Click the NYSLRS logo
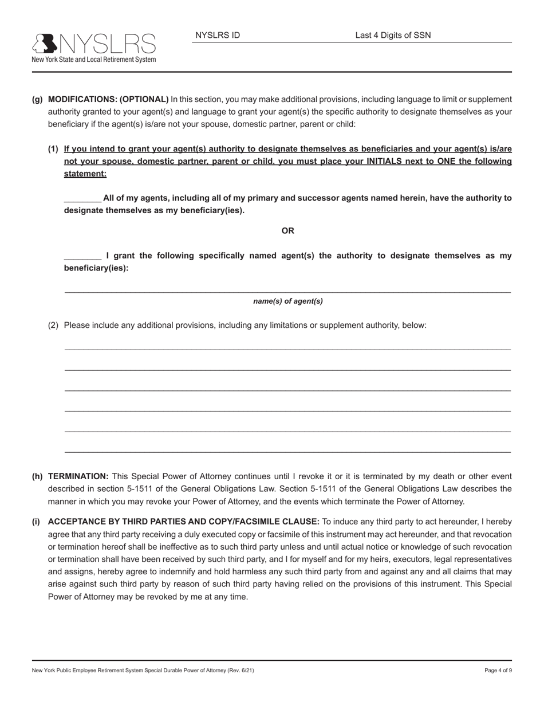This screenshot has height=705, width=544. point(93,47)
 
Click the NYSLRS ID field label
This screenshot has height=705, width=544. point(218,35)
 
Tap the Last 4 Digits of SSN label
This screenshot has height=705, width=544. point(393,35)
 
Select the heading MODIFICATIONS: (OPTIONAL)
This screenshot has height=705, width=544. point(108,99)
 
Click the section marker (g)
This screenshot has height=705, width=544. point(37,99)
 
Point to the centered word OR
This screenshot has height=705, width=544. point(287,230)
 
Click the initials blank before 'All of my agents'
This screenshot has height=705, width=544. point(82,198)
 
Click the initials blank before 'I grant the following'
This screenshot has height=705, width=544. point(82,256)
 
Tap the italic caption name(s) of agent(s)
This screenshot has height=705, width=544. point(287,301)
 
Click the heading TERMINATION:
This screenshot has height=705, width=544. point(78,476)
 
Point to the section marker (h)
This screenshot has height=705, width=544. point(37,476)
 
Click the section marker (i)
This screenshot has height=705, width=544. point(36,522)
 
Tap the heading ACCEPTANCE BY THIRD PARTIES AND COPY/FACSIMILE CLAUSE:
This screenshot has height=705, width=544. point(184,522)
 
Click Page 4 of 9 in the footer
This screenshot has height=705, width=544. point(498,670)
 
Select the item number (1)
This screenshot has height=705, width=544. point(53,149)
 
